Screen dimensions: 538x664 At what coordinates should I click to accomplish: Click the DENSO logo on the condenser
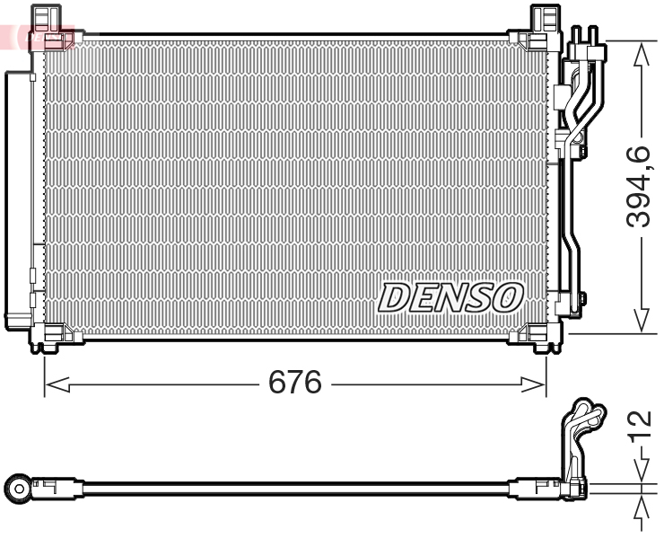[x=450, y=296]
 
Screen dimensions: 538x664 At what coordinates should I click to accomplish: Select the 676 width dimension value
[x=295, y=384]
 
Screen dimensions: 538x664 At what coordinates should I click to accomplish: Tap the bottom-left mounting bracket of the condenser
[x=53, y=339]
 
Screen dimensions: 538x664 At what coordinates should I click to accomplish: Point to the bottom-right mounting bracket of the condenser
[x=536, y=339]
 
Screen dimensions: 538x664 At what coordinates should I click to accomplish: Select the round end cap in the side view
[x=19, y=488]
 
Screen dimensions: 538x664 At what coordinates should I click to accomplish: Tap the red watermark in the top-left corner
[x=36, y=37]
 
